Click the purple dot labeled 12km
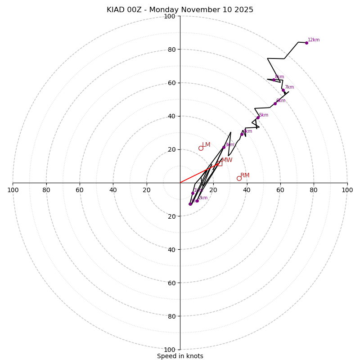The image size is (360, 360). [306, 43]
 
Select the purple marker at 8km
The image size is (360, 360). [274, 80]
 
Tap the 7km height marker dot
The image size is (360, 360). [283, 90]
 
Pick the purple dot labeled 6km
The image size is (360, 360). [275, 103]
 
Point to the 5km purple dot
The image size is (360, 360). [258, 117]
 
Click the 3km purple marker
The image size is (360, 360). [224, 147]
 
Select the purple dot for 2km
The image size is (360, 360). [197, 201]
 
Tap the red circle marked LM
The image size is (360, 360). [201, 148]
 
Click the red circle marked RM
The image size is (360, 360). [239, 178]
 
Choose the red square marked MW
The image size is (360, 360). [220, 163]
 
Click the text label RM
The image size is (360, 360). [245, 175]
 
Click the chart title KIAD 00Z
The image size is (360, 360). [180, 10]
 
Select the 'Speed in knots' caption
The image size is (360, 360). [180, 356]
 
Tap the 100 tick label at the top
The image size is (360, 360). [170, 17]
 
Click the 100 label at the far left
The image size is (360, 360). [13, 190]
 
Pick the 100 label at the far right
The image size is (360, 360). [347, 190]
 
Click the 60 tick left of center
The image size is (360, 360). [80, 190]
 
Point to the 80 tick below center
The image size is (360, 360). [171, 316]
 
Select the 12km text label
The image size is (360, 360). [314, 40]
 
